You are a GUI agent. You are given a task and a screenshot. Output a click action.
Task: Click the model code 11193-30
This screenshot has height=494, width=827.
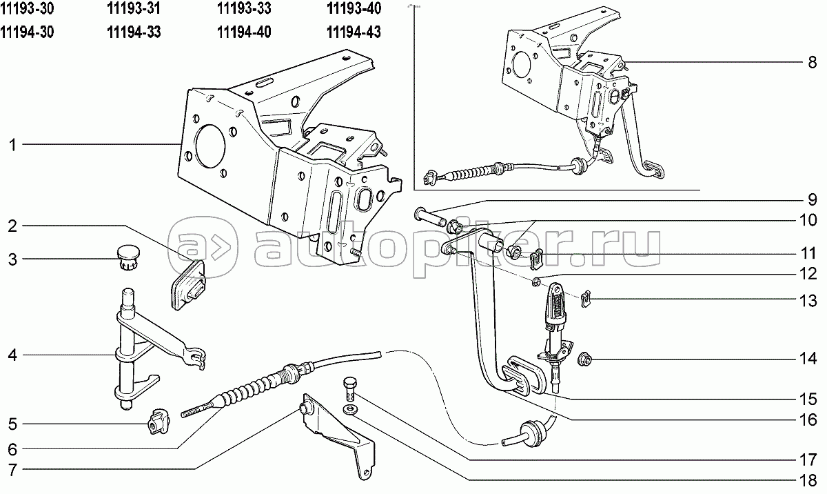28,9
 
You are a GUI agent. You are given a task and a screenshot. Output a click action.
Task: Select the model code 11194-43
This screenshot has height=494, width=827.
352,32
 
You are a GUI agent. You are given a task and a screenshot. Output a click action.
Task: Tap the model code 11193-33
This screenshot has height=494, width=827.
243,9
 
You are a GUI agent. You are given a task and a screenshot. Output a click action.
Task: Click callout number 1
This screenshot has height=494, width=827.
12,145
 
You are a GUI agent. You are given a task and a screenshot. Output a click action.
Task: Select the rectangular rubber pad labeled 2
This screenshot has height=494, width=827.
187,284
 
